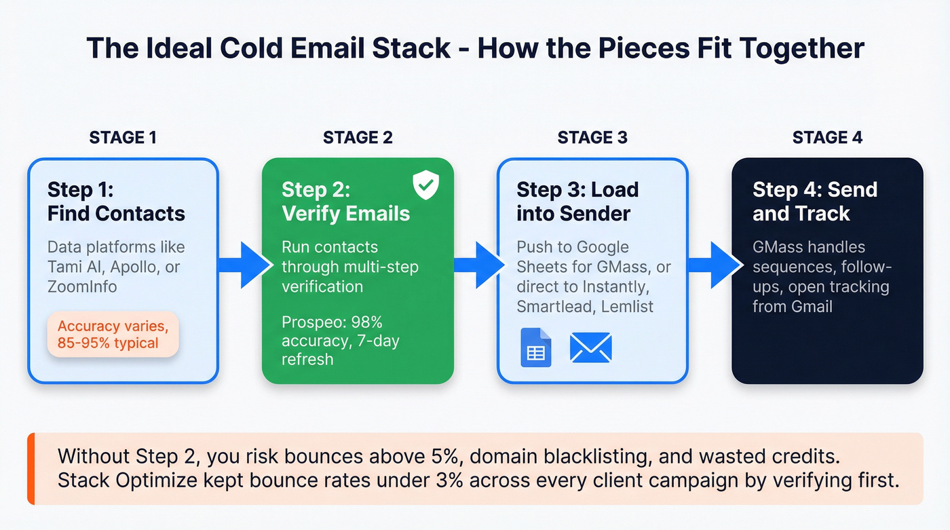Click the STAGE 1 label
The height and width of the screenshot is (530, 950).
(123, 138)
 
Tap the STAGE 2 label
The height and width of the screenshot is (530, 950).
(358, 138)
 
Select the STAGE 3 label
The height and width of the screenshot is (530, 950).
(592, 138)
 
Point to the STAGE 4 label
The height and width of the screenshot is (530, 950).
(827, 138)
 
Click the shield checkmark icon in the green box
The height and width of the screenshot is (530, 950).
(425, 185)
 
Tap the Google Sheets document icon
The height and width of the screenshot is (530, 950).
(535, 347)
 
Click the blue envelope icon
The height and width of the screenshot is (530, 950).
(590, 347)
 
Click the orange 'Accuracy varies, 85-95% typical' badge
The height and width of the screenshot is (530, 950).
(112, 334)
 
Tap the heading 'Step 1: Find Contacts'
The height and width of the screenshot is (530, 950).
(116, 202)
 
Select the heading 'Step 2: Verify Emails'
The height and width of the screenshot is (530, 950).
(345, 202)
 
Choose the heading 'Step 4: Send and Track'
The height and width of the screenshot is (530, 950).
(814, 202)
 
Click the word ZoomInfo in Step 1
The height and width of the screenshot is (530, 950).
(82, 286)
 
